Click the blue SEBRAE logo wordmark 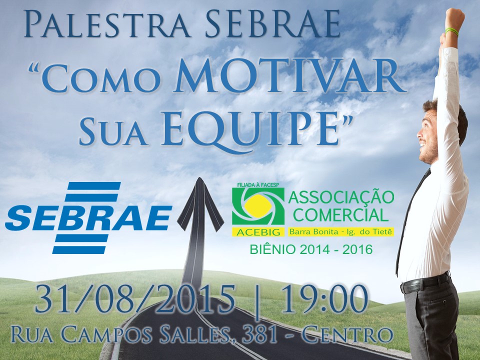tap(88, 218)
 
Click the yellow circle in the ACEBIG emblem tap(258, 206)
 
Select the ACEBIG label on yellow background tap(258, 232)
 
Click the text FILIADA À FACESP tap(260, 185)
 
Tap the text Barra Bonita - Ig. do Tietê tap(340, 231)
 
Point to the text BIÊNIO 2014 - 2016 tap(311, 250)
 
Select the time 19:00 tap(324, 299)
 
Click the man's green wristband tap(451, 31)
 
